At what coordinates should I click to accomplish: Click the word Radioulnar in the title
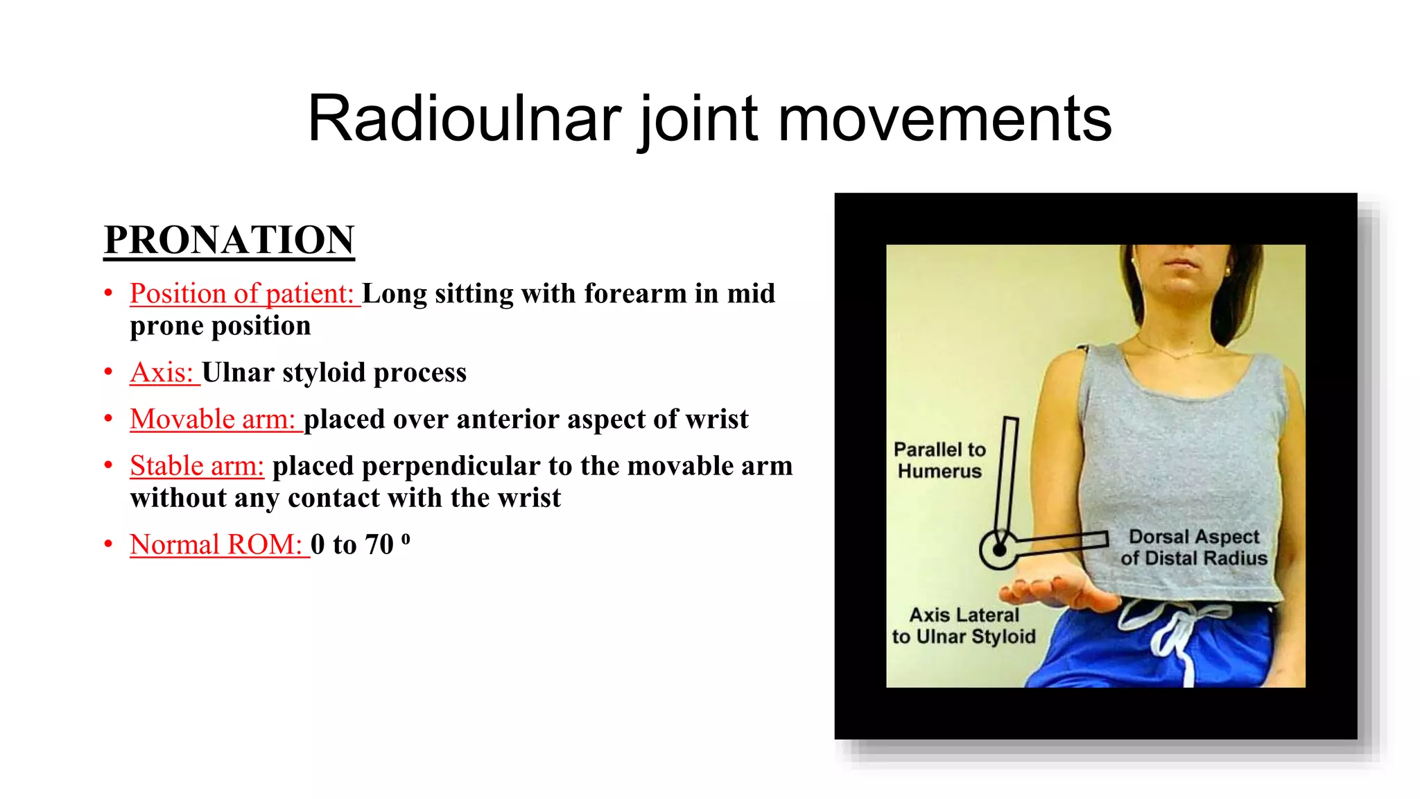[463, 119]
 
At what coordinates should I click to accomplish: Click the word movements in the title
[944, 119]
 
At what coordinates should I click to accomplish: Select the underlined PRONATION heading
[229, 240]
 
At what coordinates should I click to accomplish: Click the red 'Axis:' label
[163, 372]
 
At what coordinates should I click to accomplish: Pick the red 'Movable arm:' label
[214, 419]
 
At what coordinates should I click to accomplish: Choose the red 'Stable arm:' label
[197, 465]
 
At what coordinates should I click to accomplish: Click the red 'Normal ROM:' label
[218, 544]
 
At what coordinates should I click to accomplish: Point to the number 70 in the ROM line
[379, 544]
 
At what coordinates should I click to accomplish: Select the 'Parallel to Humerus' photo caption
[940, 460]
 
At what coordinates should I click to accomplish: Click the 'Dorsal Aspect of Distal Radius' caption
[1193, 547]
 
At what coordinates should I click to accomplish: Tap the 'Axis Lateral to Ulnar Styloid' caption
[964, 626]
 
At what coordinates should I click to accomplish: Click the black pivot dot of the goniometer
[999, 550]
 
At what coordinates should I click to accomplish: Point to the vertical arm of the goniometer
[1007, 479]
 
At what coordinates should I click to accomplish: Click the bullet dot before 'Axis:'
[109, 372]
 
